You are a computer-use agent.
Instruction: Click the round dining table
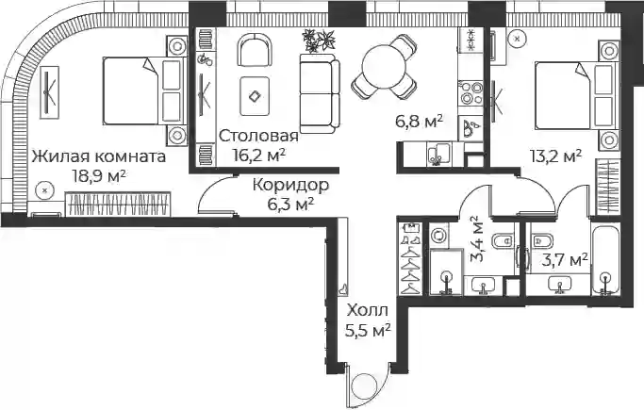pyautogui.click(x=384, y=66)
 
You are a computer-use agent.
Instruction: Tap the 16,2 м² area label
pyautogui.click(x=258, y=156)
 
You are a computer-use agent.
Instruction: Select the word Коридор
pyautogui.click(x=290, y=185)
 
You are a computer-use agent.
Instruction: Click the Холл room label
pyautogui.click(x=367, y=311)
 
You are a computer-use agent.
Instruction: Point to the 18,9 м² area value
pyautogui.click(x=99, y=176)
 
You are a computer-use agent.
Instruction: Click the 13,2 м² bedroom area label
pyautogui.click(x=555, y=156)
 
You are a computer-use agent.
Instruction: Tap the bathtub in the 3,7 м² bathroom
pyautogui.click(x=605, y=259)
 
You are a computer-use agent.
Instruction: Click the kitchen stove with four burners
pyautogui.click(x=471, y=93)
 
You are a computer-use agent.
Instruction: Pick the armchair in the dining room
pyautogui.click(x=255, y=50)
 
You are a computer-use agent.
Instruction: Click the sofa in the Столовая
pyautogui.click(x=320, y=93)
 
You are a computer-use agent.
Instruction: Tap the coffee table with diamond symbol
pyautogui.click(x=255, y=96)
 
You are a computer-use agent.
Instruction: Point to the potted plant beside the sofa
pyautogui.click(x=319, y=41)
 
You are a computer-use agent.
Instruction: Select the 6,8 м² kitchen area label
pyautogui.click(x=419, y=122)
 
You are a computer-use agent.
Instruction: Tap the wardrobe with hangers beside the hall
pyautogui.click(x=411, y=258)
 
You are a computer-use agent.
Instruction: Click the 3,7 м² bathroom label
pyautogui.click(x=565, y=260)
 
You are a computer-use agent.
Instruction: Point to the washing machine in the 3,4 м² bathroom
pyautogui.click(x=439, y=236)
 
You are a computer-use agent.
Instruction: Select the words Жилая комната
pyautogui.click(x=99, y=156)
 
